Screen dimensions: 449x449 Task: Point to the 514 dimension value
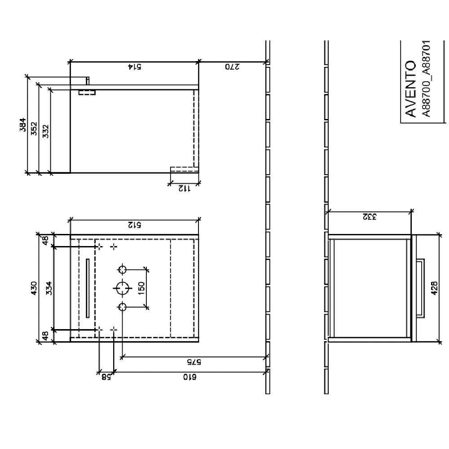pyautogui.click(x=134, y=67)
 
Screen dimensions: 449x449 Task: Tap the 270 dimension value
pyautogui.click(x=232, y=67)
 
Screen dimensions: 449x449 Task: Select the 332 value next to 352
pyautogui.click(x=46, y=131)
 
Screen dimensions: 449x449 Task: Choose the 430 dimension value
pyautogui.click(x=34, y=288)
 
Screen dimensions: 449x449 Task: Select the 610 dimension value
pyautogui.click(x=189, y=378)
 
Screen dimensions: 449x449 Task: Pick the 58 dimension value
pyautogui.click(x=106, y=378)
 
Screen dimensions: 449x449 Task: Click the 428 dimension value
pyautogui.click(x=434, y=288)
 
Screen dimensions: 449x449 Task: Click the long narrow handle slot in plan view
pyautogui.click(x=88, y=288)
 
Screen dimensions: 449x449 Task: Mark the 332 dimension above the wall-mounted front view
pyautogui.click(x=370, y=216)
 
